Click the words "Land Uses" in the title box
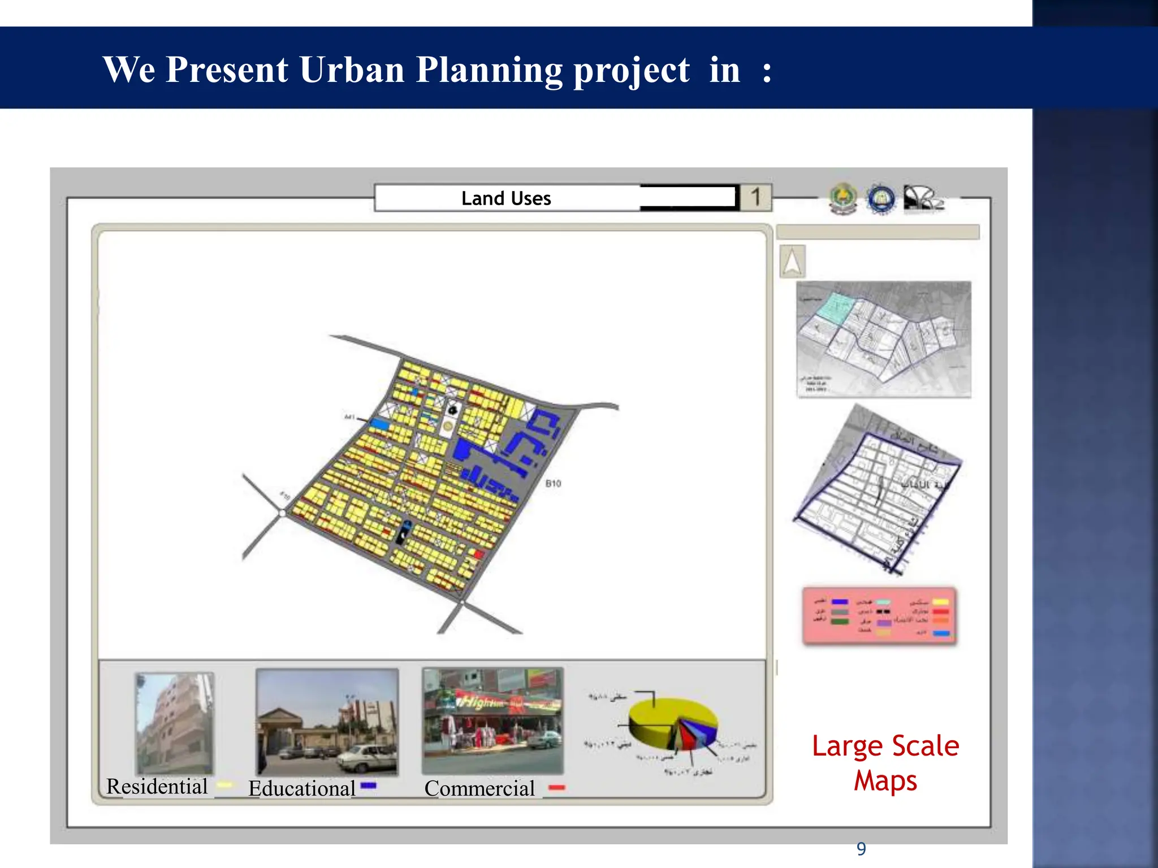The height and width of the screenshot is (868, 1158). tap(506, 198)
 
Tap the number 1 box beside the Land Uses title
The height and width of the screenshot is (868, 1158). tap(755, 197)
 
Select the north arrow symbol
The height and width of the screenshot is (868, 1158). tap(792, 261)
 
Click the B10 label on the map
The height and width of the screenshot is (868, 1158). tap(553, 483)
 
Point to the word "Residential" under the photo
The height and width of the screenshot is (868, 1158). tap(157, 786)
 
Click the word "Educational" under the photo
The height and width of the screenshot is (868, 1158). tap(302, 788)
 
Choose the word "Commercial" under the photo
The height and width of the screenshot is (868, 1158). tap(479, 788)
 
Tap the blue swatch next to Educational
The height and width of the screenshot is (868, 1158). tap(368, 785)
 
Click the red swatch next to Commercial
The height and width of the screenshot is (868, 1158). tap(557, 788)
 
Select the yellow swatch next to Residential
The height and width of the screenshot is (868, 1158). tap(225, 785)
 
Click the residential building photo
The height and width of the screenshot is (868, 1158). tap(175, 723)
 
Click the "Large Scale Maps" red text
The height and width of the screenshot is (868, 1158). tap(885, 763)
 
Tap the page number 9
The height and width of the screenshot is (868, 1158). tap(861, 849)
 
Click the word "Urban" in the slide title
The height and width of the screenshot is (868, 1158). tap(352, 70)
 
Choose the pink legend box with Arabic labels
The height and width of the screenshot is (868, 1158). tap(879, 616)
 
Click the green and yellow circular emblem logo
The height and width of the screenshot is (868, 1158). tap(843, 199)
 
